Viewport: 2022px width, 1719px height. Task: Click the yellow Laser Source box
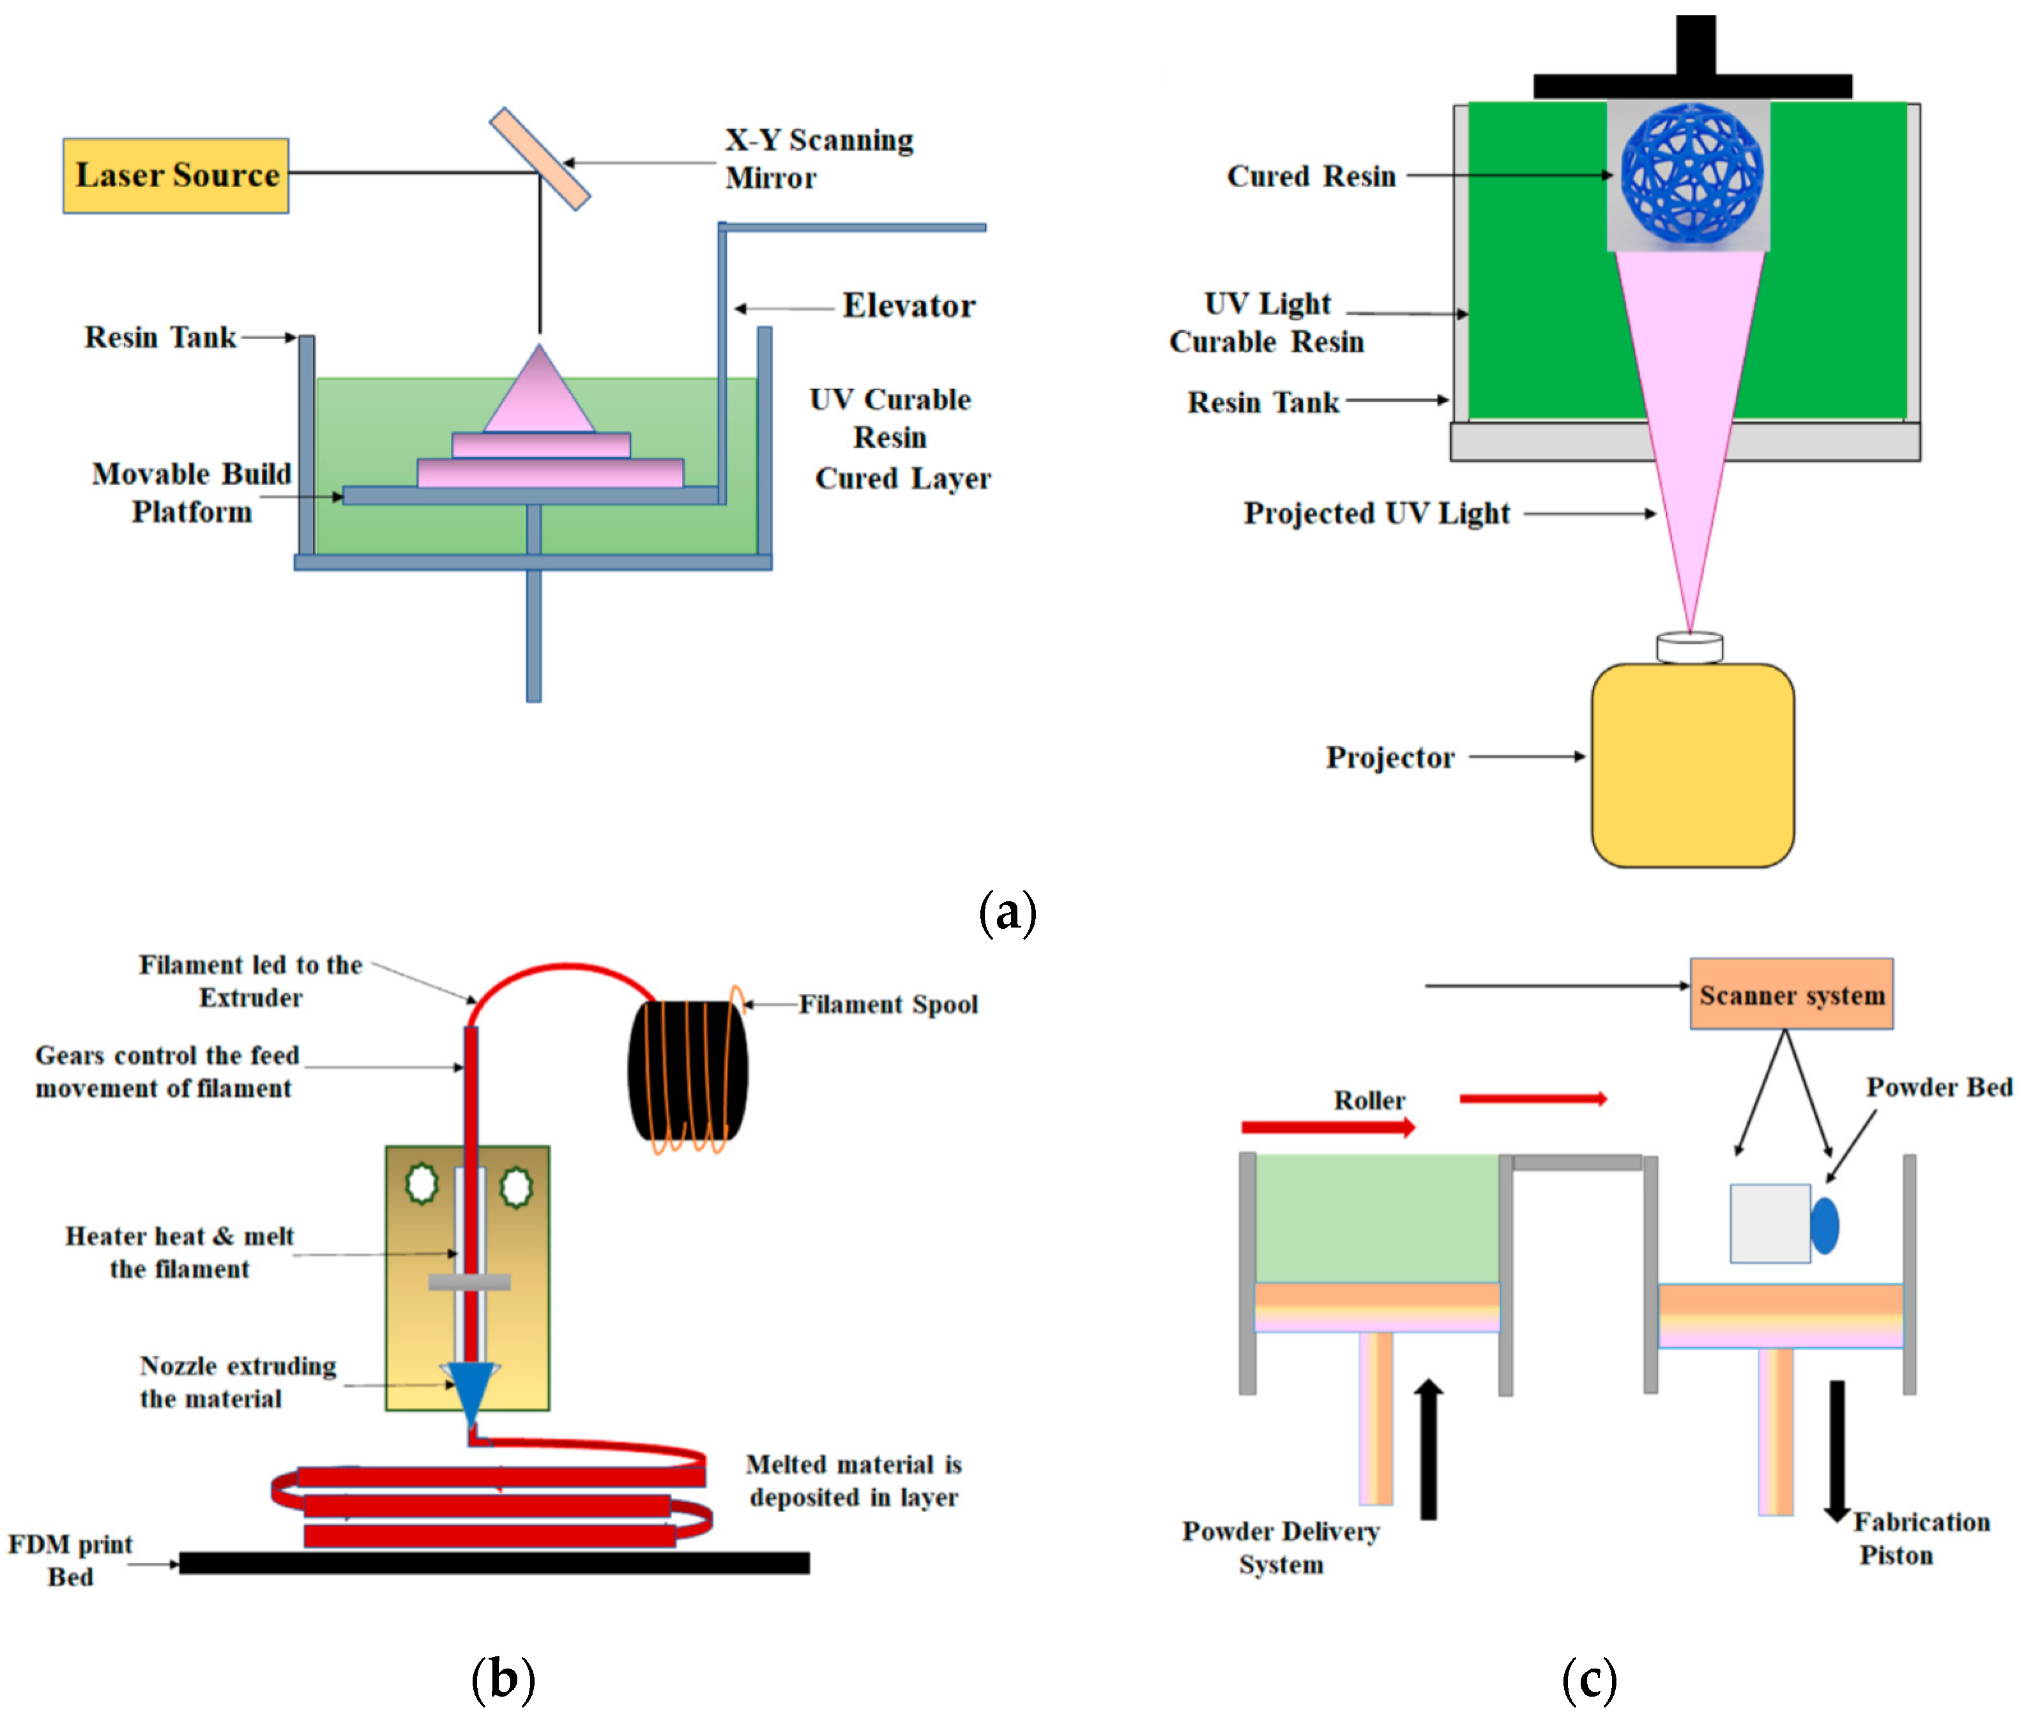176,176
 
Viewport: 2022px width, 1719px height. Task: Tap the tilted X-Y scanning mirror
539,159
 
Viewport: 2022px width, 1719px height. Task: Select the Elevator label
908,306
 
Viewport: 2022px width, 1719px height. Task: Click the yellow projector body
1692,765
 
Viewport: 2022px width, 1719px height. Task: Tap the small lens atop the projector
1690,647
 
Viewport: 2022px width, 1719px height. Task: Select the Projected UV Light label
1376,514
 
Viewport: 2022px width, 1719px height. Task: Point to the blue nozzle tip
471,1393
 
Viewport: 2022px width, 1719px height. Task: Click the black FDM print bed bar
494,1563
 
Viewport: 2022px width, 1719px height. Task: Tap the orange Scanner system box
1791,994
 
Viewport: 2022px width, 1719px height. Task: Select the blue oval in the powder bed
1824,1225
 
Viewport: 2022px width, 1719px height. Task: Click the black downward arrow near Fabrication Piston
1837,1451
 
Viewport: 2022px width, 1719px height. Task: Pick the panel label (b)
503,1679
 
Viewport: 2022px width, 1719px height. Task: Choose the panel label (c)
1588,1679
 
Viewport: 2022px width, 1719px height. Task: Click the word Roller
1369,1100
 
